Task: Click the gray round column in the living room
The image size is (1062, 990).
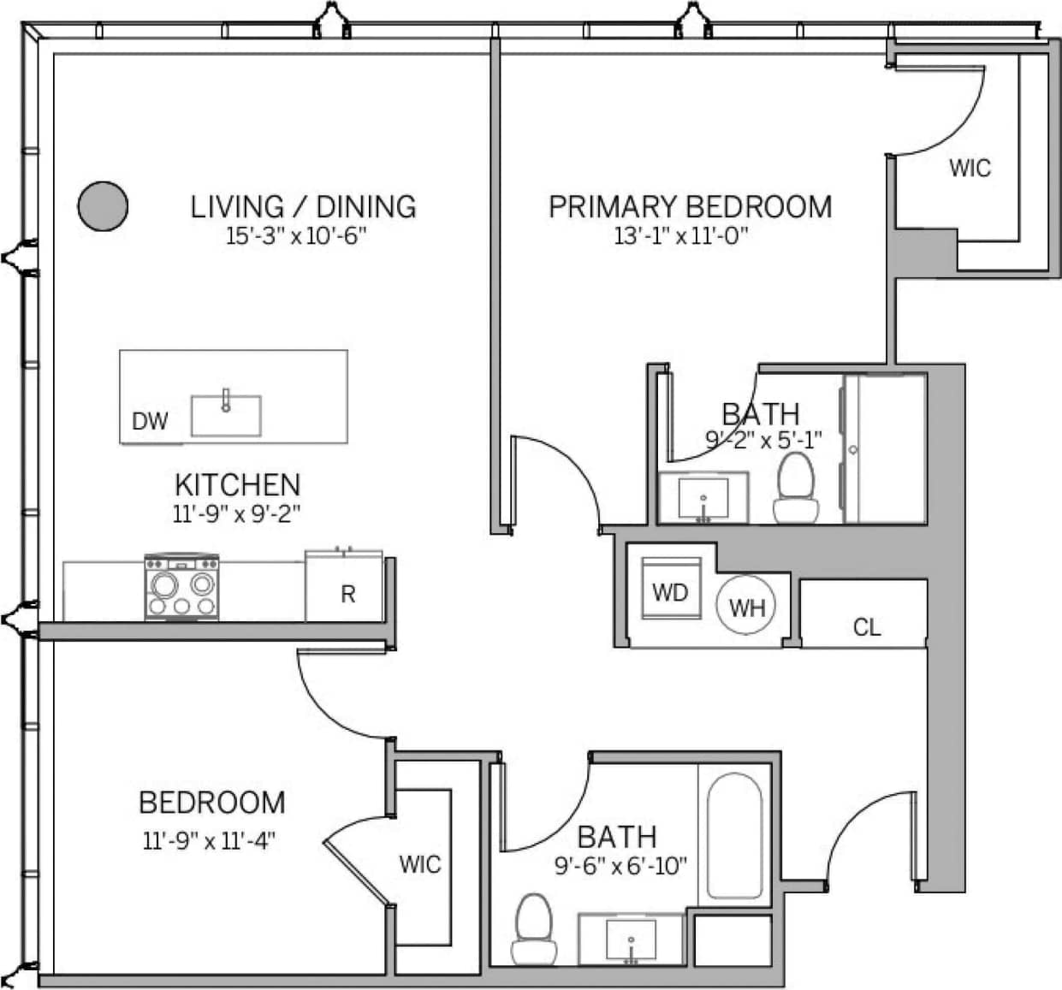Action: coord(104,206)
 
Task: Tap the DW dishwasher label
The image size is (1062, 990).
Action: coord(150,421)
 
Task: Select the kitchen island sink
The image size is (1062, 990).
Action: coord(226,415)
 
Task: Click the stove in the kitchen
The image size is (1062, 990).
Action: coord(181,587)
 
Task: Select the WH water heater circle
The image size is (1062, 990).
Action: coord(746,607)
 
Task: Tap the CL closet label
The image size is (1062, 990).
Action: coord(866,628)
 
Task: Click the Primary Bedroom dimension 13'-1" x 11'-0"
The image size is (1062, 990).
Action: coord(681,237)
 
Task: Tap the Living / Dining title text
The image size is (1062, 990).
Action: coord(303,206)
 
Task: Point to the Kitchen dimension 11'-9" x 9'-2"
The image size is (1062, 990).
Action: coord(237,513)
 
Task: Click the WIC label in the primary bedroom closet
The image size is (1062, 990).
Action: coord(970,168)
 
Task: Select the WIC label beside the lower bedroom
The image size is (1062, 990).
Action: coord(419,864)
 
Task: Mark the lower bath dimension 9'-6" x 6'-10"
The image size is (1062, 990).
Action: coord(620,867)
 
